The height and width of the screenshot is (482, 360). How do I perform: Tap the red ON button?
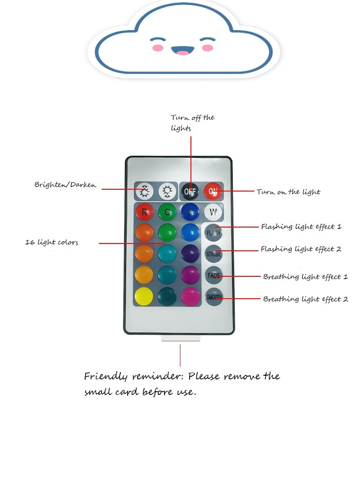coord(212,191)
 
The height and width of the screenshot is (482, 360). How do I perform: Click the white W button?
coord(213,212)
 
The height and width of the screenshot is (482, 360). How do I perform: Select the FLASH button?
coord(213,233)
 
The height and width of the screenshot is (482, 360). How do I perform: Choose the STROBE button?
coord(214,254)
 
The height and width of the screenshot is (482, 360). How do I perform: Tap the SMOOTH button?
coord(214,297)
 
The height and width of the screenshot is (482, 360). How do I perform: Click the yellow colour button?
coord(144,296)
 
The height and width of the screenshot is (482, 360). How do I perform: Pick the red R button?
coord(144,212)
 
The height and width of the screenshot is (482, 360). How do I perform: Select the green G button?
coord(167,212)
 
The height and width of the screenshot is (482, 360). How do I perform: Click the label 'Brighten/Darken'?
coord(65,185)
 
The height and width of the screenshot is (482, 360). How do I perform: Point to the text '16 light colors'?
coord(51,242)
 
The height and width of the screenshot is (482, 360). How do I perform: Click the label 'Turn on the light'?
coord(288,192)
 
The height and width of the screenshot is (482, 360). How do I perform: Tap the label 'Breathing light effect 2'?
coord(306,299)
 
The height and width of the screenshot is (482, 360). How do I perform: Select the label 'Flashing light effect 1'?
coord(301,227)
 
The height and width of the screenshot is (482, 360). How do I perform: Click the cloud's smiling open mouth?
coord(183,51)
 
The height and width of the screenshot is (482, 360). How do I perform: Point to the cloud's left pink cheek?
coord(158,48)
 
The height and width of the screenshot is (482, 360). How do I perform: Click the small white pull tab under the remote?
coord(180,338)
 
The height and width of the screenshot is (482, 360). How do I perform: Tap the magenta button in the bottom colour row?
coord(190,297)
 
